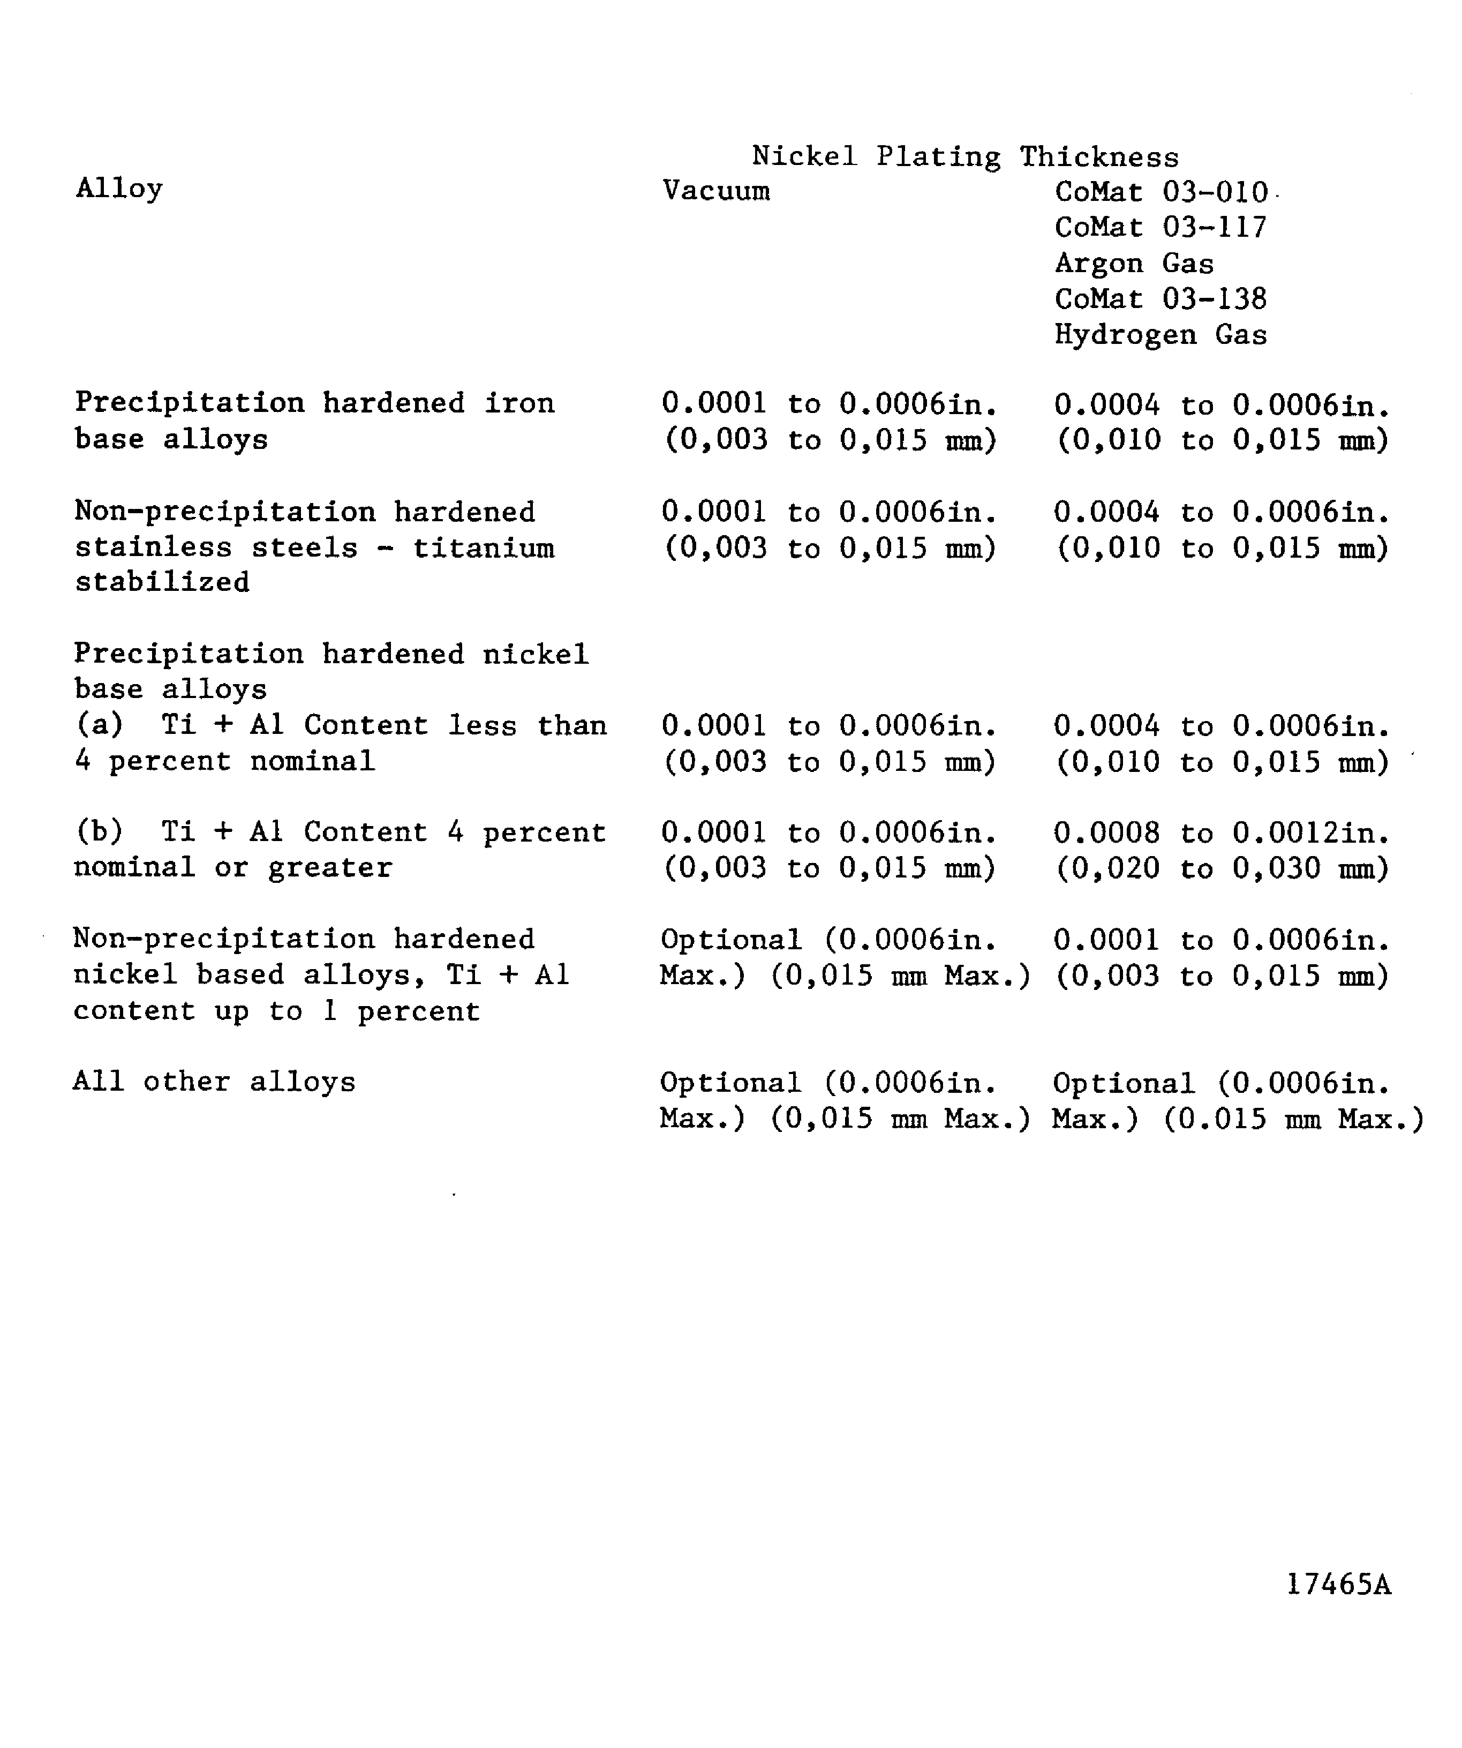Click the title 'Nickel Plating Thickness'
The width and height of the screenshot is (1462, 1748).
965,156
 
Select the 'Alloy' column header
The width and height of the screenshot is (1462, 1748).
119,189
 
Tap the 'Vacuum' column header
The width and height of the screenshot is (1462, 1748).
715,191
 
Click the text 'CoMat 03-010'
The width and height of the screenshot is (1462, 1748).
1161,192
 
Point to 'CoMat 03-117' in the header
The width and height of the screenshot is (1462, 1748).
1161,227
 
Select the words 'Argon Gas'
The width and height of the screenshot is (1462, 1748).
1134,263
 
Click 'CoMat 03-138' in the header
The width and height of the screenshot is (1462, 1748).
1161,299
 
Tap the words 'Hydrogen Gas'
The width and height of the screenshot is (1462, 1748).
1161,335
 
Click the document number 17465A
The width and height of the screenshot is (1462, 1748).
1338,1584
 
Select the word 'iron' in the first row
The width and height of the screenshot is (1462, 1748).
519,403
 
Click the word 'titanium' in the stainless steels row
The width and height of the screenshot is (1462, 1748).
484,547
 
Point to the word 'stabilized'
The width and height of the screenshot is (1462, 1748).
162,582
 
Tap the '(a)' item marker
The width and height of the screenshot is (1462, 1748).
99,725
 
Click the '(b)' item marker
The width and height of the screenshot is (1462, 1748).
99,831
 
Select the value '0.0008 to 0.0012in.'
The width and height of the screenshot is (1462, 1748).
1222,832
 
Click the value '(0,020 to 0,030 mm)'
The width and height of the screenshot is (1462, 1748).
1222,868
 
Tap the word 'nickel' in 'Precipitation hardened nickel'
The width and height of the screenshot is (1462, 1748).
536,654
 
